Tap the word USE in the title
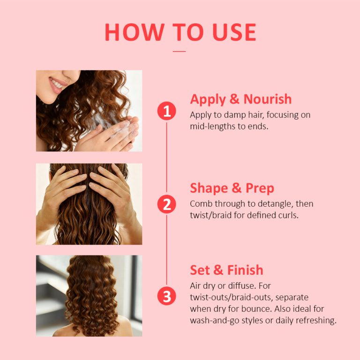coord(231,33)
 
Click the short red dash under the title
coord(180,51)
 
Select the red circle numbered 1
coord(166,112)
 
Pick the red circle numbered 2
coord(166,204)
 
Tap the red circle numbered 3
coord(166,296)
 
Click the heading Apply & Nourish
coord(240,99)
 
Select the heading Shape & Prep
coord(232,188)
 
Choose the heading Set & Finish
coord(226,270)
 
